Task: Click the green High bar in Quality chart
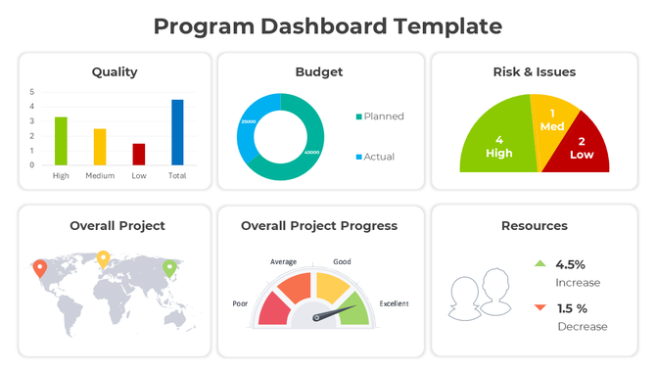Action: pos(61,141)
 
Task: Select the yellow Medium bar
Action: pos(100,147)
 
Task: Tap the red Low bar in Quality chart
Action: pos(139,155)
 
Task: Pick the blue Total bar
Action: pos(177,132)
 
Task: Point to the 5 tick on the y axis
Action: pos(31,92)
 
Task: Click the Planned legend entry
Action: pos(380,116)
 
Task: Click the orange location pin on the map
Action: pos(39,267)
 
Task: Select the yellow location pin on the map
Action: pos(103,258)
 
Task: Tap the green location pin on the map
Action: pos(169,267)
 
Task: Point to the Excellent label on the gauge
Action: pos(395,302)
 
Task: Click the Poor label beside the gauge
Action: pos(240,303)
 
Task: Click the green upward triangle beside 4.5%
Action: pos(539,263)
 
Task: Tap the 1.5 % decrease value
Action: pos(573,308)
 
